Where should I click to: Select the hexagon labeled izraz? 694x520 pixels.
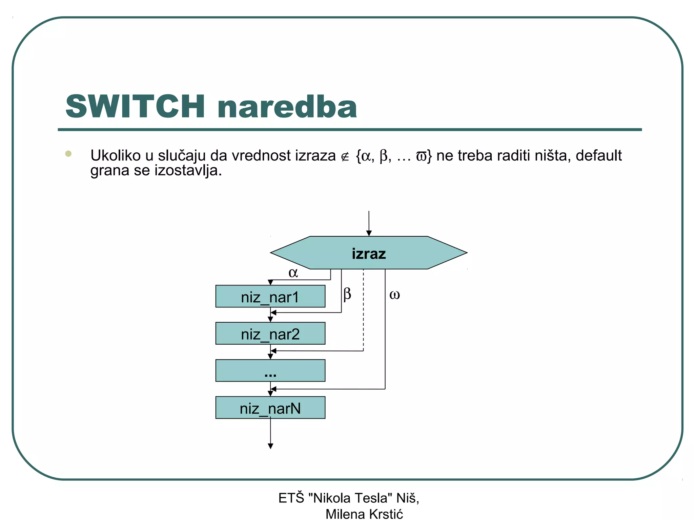click(x=369, y=253)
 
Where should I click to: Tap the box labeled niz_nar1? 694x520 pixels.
click(x=270, y=297)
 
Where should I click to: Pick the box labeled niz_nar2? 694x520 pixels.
click(x=270, y=333)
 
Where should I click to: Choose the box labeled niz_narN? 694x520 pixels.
click(x=270, y=408)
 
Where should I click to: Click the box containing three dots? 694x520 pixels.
click(x=270, y=370)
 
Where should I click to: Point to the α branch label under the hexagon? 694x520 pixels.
click(x=293, y=273)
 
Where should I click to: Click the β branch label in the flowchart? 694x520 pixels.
click(x=347, y=294)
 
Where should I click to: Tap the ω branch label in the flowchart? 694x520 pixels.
click(x=394, y=295)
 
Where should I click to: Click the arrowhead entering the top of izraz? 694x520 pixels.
click(x=369, y=233)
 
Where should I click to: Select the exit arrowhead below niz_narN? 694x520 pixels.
click(x=270, y=446)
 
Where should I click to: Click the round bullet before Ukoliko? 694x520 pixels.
click(x=68, y=154)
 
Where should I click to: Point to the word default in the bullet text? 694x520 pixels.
click(x=598, y=156)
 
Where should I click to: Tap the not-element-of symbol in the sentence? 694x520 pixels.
click(x=345, y=157)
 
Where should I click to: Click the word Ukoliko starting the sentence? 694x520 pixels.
click(x=116, y=156)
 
